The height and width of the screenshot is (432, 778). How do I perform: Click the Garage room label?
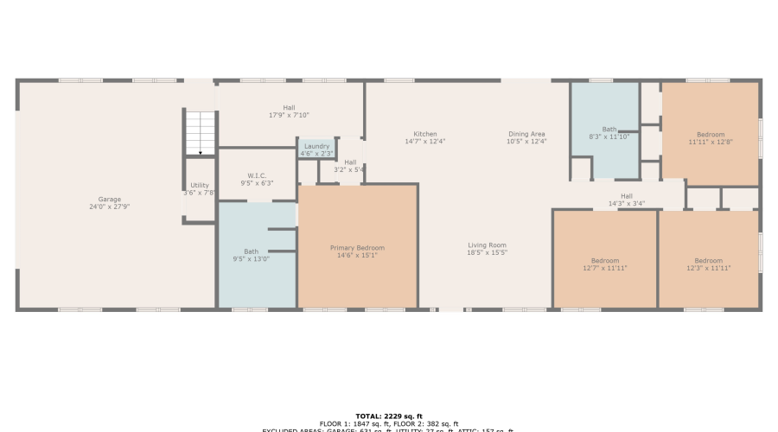[x=109, y=199]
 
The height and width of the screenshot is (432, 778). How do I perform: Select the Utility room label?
[x=200, y=185]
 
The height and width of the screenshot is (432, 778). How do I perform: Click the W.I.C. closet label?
[x=257, y=175]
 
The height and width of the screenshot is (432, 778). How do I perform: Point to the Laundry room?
[x=316, y=147]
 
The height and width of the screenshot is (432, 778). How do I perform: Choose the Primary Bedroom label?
[x=357, y=247]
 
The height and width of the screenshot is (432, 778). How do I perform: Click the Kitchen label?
[x=424, y=134]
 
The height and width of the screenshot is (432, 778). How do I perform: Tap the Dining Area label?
[x=526, y=134]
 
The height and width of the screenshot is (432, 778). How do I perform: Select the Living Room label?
[x=487, y=245]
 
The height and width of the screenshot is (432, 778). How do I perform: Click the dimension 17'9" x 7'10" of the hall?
[x=289, y=115]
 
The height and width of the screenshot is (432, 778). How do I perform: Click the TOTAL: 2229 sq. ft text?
[x=388, y=416]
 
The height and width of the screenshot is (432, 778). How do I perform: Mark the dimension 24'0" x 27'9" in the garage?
[x=109, y=207]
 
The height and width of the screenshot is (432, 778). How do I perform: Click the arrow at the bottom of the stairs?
[x=200, y=150]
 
